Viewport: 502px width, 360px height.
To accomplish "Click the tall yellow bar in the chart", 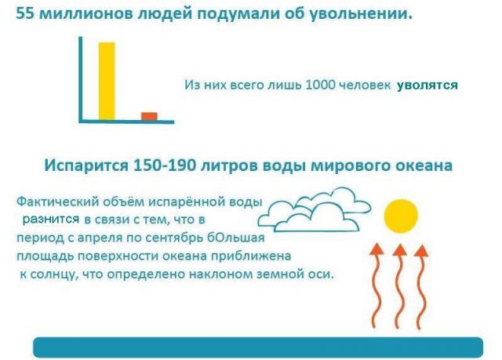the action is (x=107, y=81).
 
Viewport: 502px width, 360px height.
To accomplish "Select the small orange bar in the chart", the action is (x=149, y=116).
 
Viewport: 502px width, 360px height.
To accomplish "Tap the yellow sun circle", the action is (x=401, y=216).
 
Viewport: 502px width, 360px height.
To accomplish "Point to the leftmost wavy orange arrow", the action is (x=377, y=285).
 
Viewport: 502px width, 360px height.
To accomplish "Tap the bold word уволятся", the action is (x=427, y=85).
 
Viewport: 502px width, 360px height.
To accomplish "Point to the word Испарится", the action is (x=86, y=165).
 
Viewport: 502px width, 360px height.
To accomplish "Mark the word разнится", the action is (x=50, y=220).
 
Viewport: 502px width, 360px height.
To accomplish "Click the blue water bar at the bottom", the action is (x=258, y=347).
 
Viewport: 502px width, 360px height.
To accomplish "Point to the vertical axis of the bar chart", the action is (x=81, y=79).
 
